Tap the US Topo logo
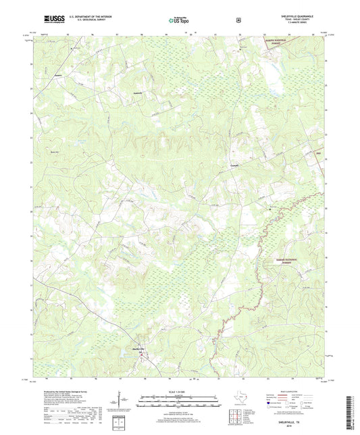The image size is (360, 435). click(x=178, y=21)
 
